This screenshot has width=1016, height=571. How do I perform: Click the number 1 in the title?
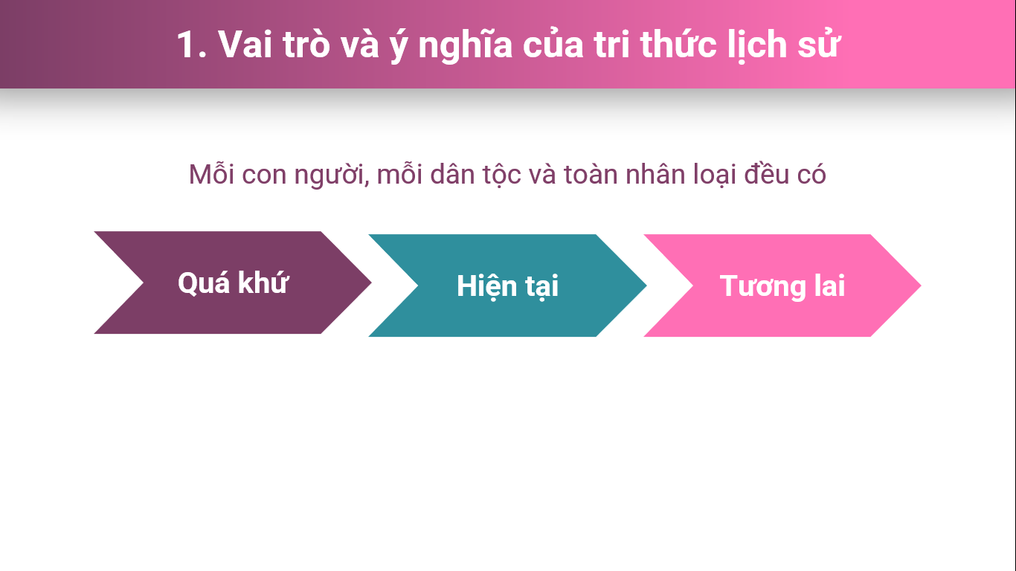tap(186, 45)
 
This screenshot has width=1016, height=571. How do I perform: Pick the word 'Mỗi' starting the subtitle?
tap(211, 174)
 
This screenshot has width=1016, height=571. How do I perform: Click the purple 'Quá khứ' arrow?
tap(233, 283)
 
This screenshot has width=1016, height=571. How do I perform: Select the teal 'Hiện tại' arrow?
tap(507, 285)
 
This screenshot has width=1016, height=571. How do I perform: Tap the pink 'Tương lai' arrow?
tap(782, 285)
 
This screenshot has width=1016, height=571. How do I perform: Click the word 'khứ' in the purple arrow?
tap(263, 283)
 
